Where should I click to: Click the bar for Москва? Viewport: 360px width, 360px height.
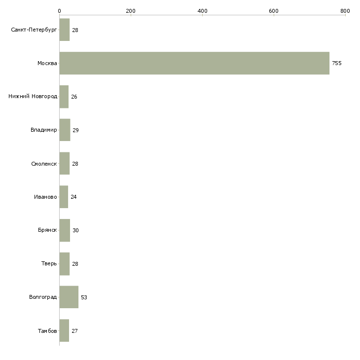pyautogui.click(x=194, y=63)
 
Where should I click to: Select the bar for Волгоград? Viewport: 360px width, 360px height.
pyautogui.click(x=69, y=297)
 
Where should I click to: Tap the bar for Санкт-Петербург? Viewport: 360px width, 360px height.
pyautogui.click(x=64, y=30)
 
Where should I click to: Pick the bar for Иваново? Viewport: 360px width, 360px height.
pyautogui.click(x=64, y=197)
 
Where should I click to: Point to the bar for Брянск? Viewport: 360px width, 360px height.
pyautogui.click(x=65, y=230)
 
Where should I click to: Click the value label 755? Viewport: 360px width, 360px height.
pyautogui.click(x=337, y=63)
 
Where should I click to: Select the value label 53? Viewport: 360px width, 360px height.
pyautogui.click(x=84, y=297)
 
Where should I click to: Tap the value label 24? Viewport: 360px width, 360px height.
pyautogui.click(x=73, y=197)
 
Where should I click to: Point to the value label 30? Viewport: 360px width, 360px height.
pyautogui.click(x=75, y=230)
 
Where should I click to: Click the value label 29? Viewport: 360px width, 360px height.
pyautogui.click(x=75, y=130)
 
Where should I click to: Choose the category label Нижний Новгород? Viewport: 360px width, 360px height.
pyautogui.click(x=33, y=97)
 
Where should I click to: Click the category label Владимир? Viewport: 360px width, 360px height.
pyautogui.click(x=43, y=130)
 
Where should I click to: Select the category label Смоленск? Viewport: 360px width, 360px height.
pyautogui.click(x=43, y=164)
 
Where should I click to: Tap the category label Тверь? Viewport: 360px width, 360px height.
pyautogui.click(x=49, y=264)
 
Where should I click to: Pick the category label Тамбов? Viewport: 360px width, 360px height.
pyautogui.click(x=47, y=331)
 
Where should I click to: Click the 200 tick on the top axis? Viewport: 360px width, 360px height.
pyautogui.click(x=131, y=10)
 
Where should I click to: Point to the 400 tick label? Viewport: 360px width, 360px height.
pyautogui.click(x=202, y=10)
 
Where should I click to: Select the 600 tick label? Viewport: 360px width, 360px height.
pyautogui.click(x=274, y=10)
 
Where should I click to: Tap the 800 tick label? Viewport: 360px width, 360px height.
pyautogui.click(x=345, y=10)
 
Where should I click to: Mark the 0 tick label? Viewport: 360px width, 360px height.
pyautogui.click(x=59, y=10)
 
